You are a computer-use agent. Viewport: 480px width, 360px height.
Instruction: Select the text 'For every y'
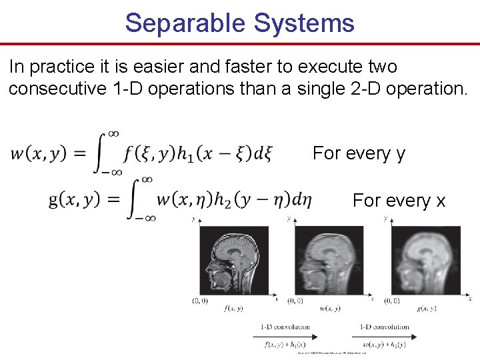pos(359,153)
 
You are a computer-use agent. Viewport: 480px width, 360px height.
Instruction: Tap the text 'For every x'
pos(399,200)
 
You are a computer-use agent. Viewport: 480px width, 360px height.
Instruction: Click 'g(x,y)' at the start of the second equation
pos(77,200)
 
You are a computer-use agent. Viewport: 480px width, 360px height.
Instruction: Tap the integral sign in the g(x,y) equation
pos(138,199)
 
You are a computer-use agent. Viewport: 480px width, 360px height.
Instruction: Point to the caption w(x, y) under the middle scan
pos(330,308)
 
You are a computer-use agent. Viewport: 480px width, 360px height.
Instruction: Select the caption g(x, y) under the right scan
pos(427,308)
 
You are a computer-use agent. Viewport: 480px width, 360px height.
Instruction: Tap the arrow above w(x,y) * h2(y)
pos(383,336)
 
